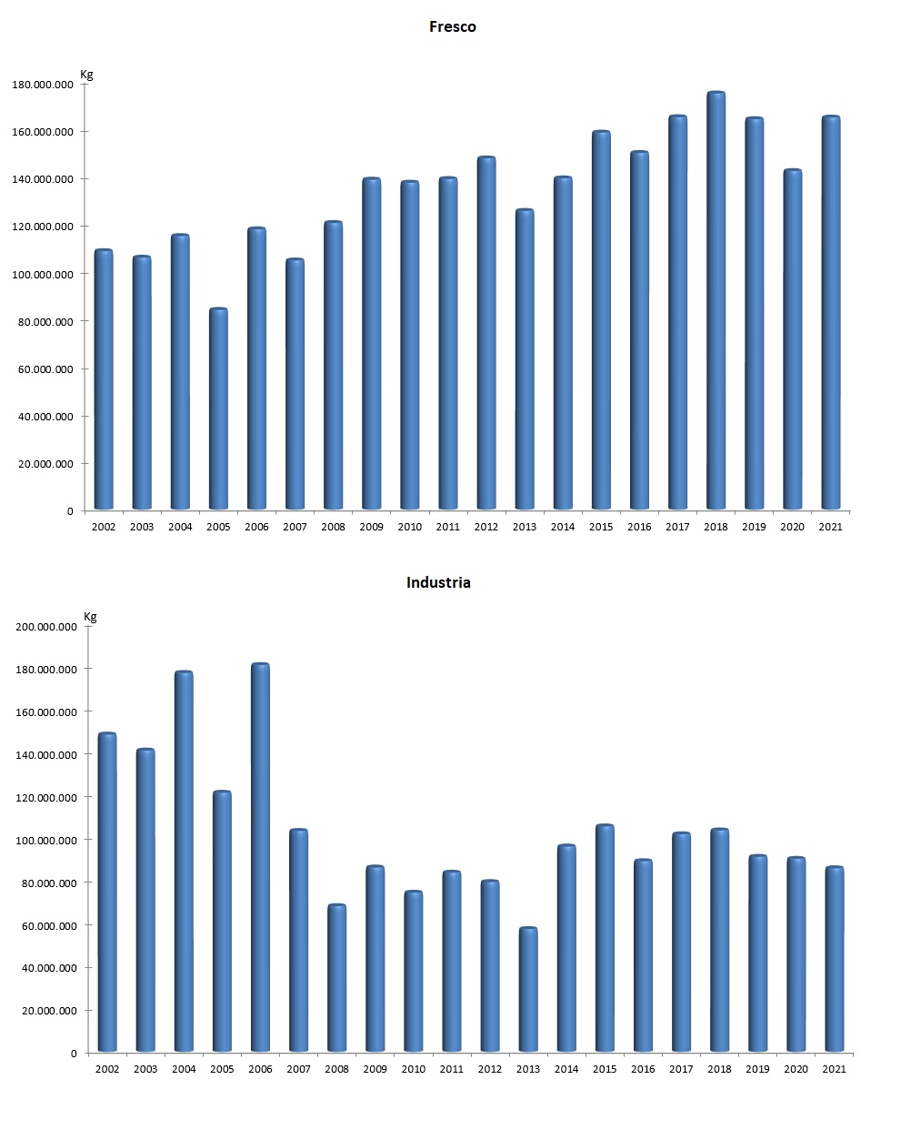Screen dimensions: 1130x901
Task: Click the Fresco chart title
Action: pos(452,27)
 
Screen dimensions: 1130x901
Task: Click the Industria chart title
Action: pos(438,582)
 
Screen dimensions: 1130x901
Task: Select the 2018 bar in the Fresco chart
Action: pos(716,300)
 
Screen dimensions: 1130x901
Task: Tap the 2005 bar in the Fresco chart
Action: pos(218,409)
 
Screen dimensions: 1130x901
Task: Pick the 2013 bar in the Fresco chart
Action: pos(525,359)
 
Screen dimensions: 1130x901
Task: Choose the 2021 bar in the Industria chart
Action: pos(834,959)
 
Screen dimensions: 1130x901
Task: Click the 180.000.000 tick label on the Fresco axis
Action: pos(43,85)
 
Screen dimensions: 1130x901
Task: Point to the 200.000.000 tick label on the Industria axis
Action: pos(46,627)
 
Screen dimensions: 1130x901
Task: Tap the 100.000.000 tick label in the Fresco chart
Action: pos(43,274)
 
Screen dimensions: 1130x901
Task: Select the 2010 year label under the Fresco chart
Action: pos(410,527)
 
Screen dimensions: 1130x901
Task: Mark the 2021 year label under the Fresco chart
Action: pos(830,527)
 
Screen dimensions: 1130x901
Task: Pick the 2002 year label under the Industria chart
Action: pos(107,1069)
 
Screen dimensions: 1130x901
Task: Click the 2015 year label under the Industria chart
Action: pos(605,1069)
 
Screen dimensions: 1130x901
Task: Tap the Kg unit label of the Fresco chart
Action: pos(86,75)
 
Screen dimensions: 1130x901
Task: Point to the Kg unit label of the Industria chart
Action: pos(90,617)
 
